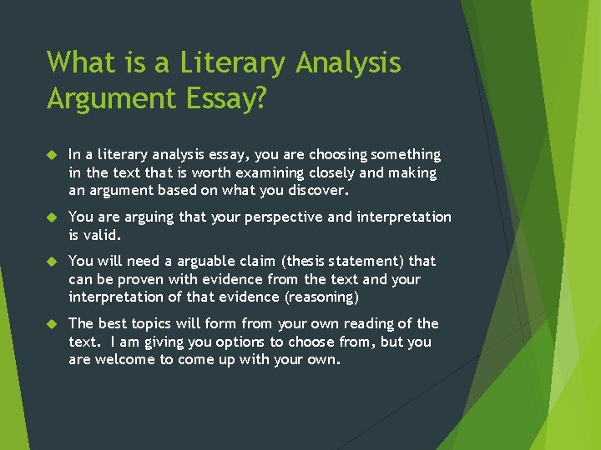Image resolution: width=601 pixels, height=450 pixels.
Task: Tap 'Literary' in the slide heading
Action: [219, 62]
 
